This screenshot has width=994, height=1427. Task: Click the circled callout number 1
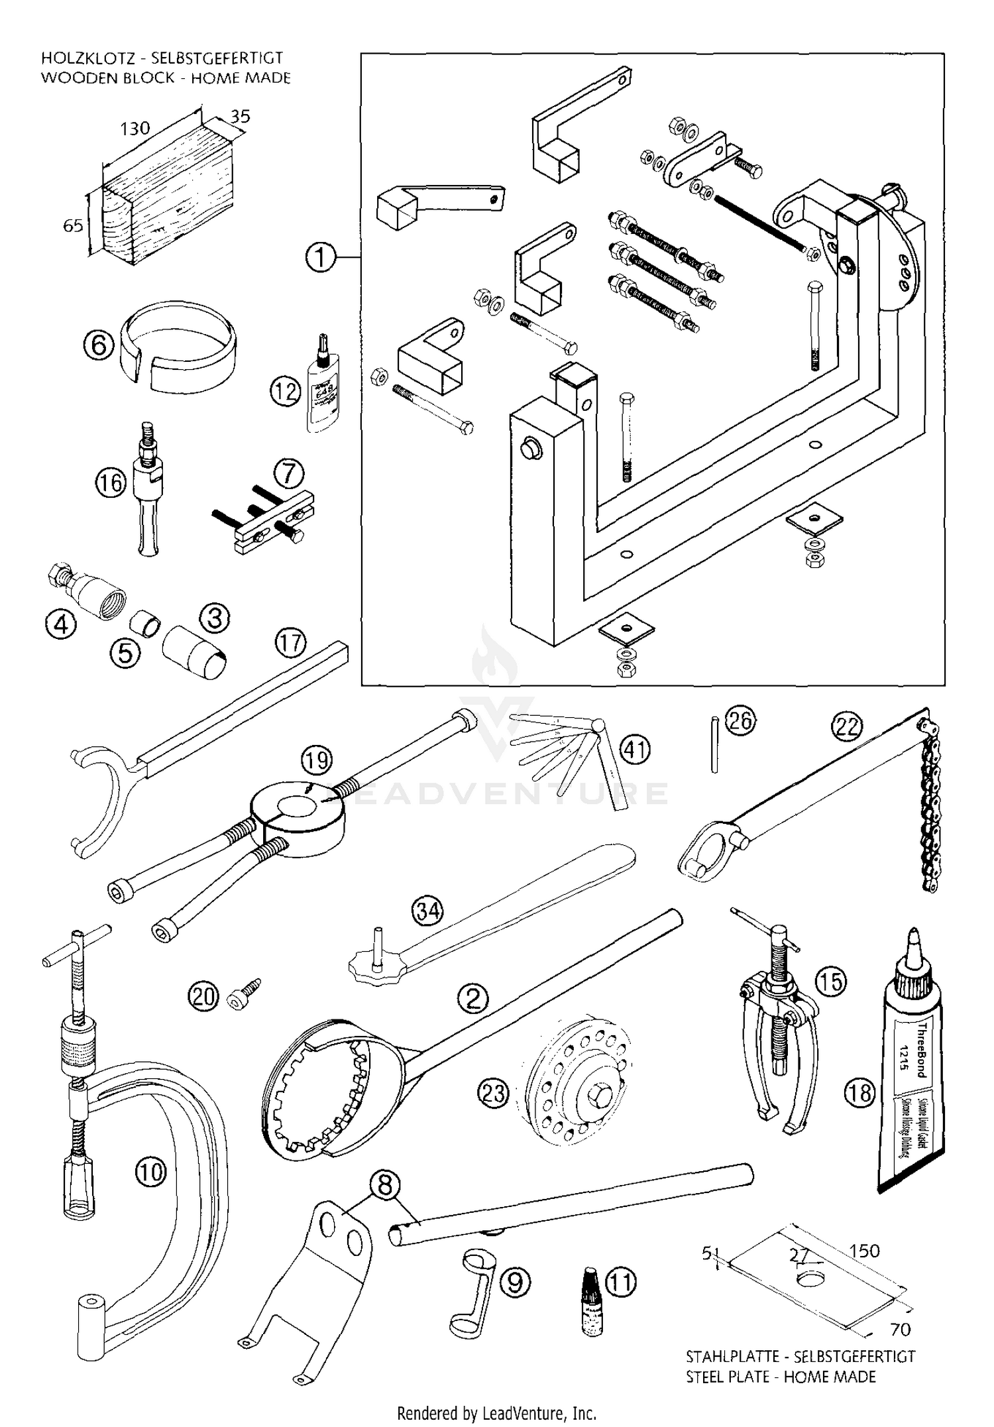pyautogui.click(x=320, y=257)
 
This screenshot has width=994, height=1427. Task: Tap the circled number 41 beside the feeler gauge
pyautogui.click(x=635, y=750)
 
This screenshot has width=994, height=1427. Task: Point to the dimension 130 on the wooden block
pyautogui.click(x=135, y=128)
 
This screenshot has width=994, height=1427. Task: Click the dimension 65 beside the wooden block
pyautogui.click(x=73, y=226)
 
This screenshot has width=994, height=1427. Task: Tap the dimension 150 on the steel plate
pyautogui.click(x=864, y=1251)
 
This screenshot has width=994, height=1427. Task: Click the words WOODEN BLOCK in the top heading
pyautogui.click(x=108, y=78)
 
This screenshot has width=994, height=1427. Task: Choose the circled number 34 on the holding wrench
pyautogui.click(x=427, y=911)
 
